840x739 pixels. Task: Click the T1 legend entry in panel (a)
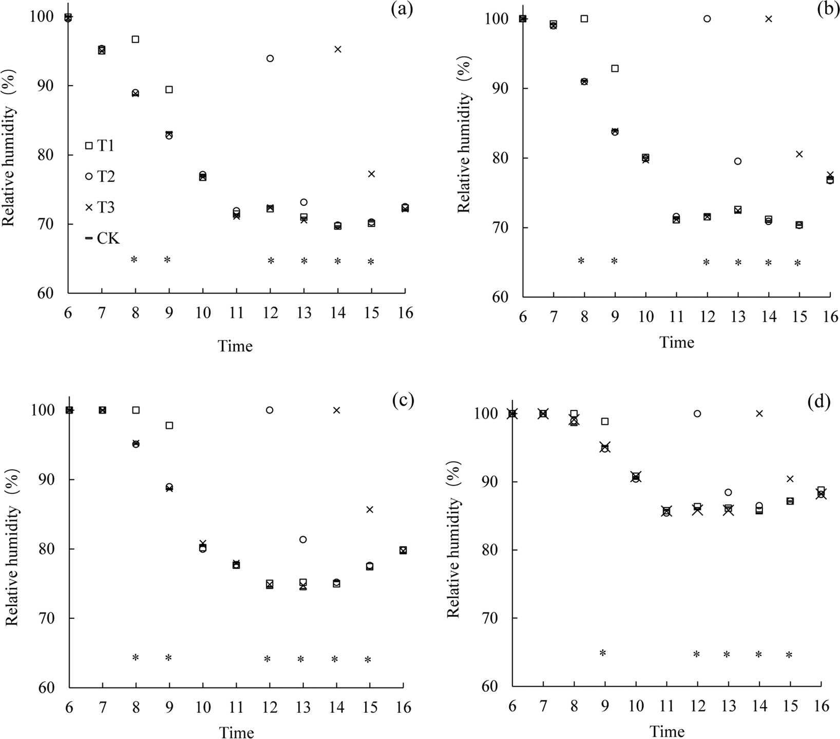101,146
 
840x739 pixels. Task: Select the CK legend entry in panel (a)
102,238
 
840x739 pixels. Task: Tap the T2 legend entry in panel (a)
101,177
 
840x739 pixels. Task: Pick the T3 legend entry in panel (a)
101,207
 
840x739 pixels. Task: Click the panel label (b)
828,10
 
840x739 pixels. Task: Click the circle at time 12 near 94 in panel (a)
270,59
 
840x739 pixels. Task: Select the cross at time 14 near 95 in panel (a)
337,49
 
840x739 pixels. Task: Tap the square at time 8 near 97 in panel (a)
136,39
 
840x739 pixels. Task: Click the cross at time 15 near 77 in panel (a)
371,174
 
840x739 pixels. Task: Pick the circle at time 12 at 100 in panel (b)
707,18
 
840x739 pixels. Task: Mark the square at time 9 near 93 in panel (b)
615,68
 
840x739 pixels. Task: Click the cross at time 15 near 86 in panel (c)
370,509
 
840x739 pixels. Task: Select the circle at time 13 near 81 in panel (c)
303,540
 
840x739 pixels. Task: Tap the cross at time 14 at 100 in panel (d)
759,413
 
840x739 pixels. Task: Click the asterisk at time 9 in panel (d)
603,653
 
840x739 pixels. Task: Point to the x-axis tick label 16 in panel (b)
830,317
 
